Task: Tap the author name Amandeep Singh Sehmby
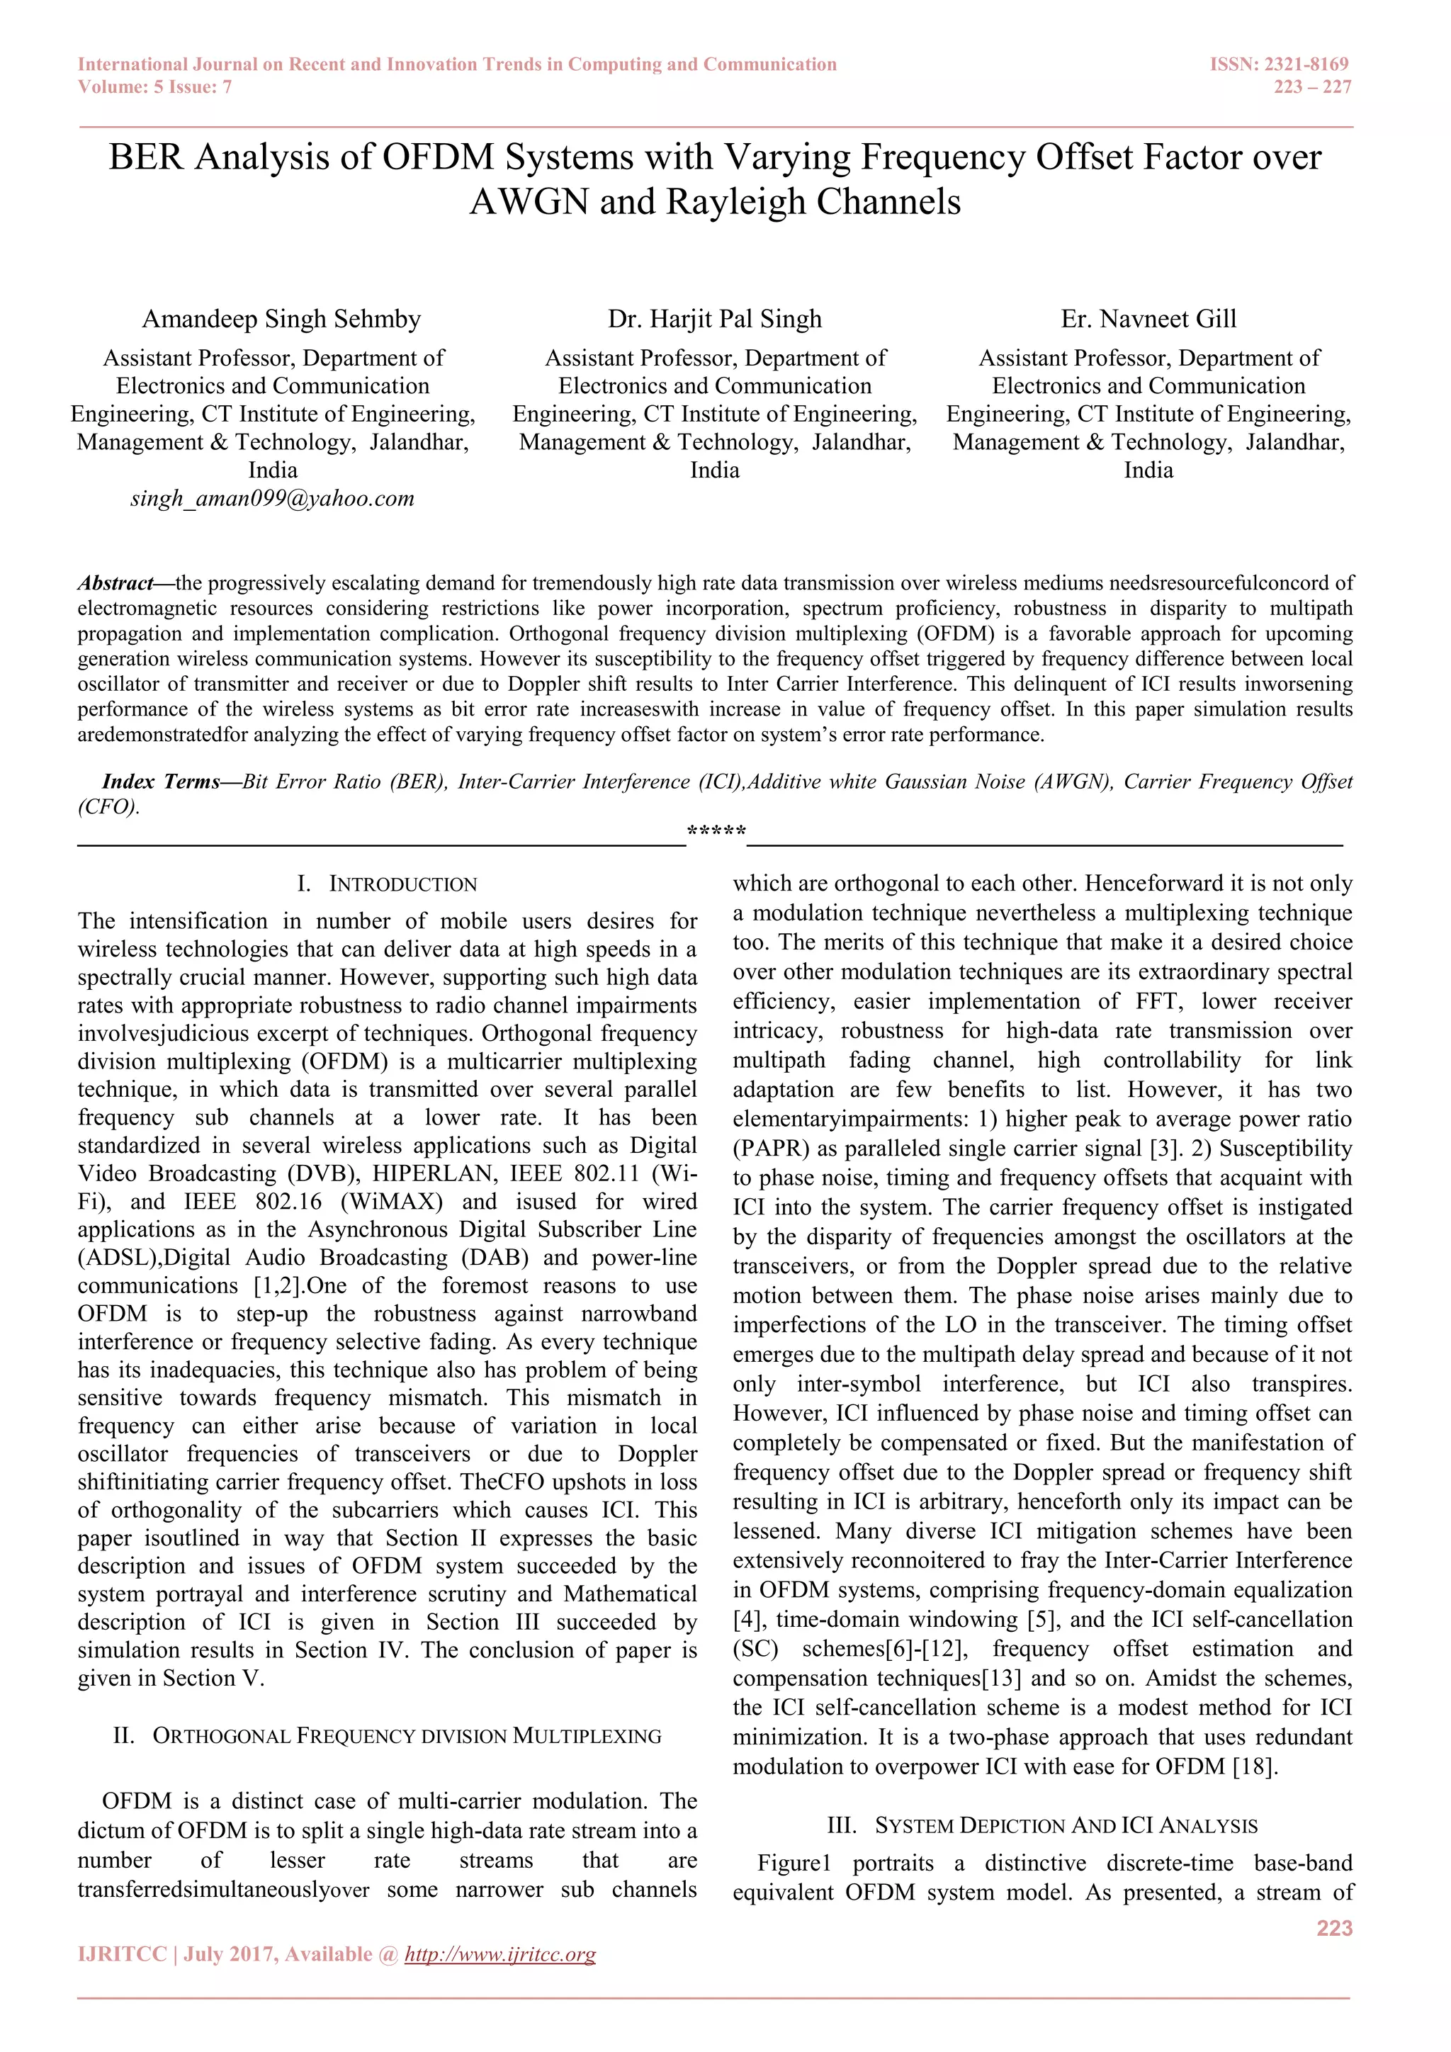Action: pyautogui.click(x=281, y=319)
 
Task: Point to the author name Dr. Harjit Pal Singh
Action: pyautogui.click(x=714, y=319)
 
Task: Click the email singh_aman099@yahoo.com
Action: pyautogui.click(x=273, y=499)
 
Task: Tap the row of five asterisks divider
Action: pyautogui.click(x=716, y=832)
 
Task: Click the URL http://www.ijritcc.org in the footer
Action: pyautogui.click(x=500, y=1955)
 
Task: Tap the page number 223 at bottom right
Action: pyautogui.click(x=1334, y=1928)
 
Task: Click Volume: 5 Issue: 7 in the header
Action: pyautogui.click(x=154, y=86)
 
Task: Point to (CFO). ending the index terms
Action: pyautogui.click(x=108, y=807)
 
